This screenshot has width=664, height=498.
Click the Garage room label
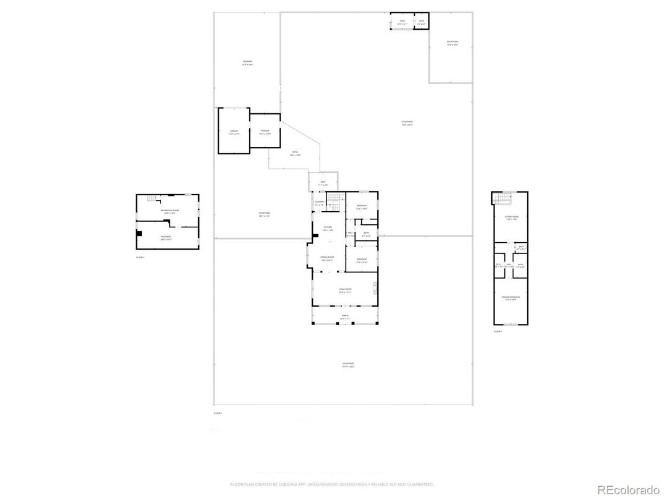[234, 132]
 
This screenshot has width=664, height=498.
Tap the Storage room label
[264, 132]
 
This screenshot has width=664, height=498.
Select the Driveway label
[247, 63]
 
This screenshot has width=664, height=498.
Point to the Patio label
[295, 153]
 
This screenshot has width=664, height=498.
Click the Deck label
[323, 183]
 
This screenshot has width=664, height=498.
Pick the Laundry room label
[319, 203]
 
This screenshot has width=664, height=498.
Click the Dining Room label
[327, 259]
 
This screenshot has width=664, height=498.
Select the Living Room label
[345, 290]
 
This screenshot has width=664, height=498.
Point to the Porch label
[345, 316]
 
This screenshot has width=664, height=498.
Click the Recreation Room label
[167, 212]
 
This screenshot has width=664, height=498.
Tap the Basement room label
[167, 237]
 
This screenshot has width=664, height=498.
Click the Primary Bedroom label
[511, 299]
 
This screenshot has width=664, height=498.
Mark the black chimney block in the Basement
[141, 234]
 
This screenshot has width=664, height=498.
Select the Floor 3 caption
[497, 332]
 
